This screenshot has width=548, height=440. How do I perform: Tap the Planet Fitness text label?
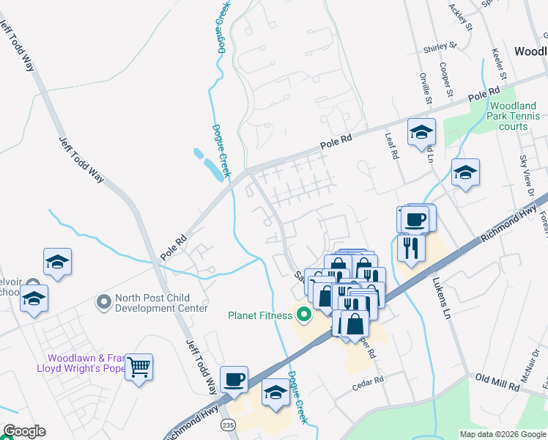pyautogui.click(x=261, y=316)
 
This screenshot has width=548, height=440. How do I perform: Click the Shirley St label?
pyautogui.click(x=440, y=46)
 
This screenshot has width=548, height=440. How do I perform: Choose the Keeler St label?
pyautogui.click(x=500, y=64)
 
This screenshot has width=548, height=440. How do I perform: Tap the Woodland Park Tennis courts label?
pyautogui.click(x=514, y=116)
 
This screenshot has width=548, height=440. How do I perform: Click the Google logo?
pyautogui.click(x=23, y=431)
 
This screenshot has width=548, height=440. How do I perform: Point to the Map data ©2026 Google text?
pyautogui.click(x=501, y=434)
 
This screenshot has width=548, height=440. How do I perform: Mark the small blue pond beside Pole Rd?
pyautogui.click(x=210, y=165)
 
